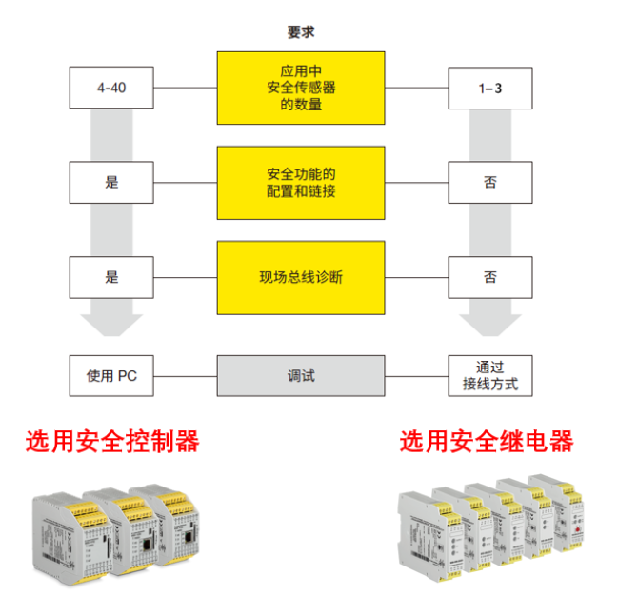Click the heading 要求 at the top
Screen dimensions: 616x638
300,32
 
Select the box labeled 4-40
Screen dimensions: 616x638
111,88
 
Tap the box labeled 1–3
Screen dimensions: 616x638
489,88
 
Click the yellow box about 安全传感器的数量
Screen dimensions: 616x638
301,88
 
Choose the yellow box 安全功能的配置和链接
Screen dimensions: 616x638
301,183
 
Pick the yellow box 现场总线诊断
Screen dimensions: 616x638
301,278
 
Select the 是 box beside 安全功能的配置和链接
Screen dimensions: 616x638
111,183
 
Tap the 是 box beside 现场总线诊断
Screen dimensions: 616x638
111,278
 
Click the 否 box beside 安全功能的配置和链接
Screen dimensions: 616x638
489,183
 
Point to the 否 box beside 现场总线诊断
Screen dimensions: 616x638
489,278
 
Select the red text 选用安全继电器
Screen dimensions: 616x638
486,441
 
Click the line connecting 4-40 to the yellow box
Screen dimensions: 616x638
185,89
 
